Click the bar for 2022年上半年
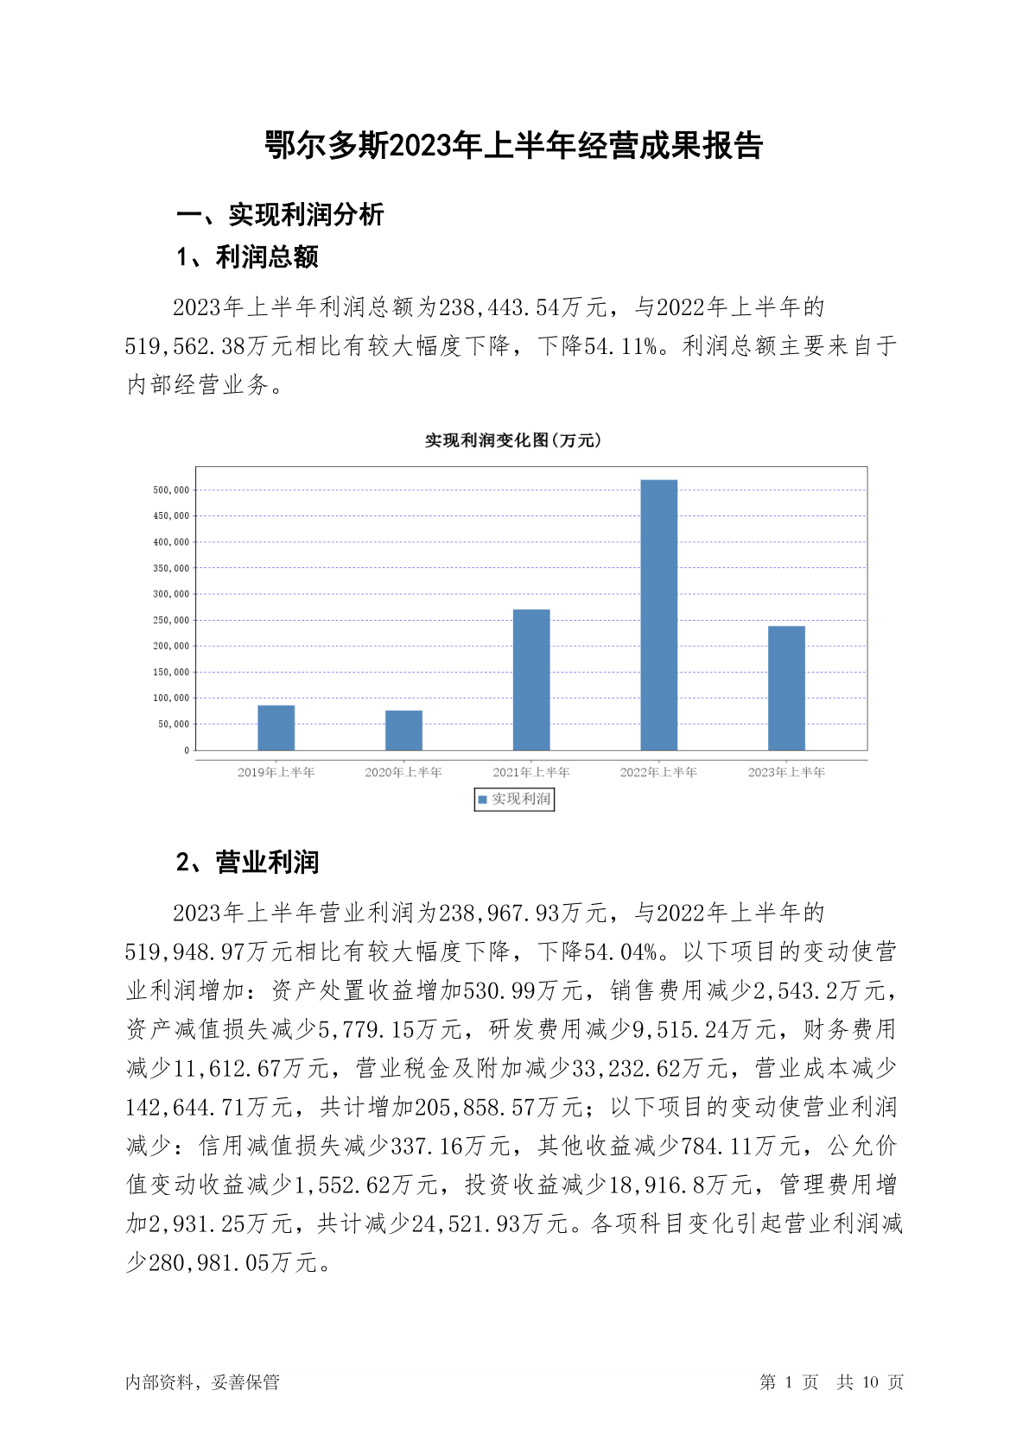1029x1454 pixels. (x=658, y=615)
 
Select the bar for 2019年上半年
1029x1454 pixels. (x=276, y=728)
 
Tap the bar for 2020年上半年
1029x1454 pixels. (x=403, y=730)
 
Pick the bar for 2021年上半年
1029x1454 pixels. (x=531, y=680)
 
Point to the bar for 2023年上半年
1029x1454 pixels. (x=786, y=688)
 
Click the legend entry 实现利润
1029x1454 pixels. (x=515, y=800)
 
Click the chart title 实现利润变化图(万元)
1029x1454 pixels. (x=513, y=440)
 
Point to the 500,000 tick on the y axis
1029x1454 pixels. (x=170, y=490)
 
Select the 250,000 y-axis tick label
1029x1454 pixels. (x=170, y=620)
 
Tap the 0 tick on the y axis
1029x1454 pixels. (x=186, y=750)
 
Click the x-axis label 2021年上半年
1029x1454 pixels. (x=531, y=772)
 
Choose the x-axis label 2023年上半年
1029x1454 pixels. (x=786, y=772)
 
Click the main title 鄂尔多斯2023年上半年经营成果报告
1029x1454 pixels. (x=514, y=146)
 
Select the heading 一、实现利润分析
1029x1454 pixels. (x=280, y=215)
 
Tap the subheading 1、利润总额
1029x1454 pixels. (x=247, y=256)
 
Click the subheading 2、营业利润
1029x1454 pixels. (x=247, y=862)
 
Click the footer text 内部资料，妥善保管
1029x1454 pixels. (x=202, y=1382)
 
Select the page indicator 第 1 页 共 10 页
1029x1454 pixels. (x=831, y=1382)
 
